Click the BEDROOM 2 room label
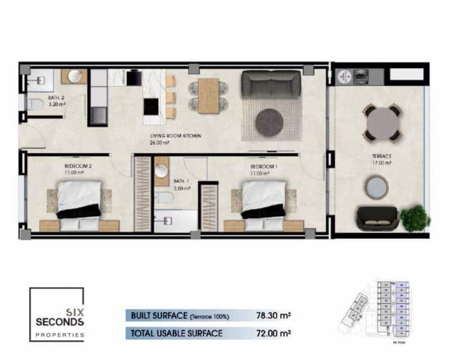point(78,166)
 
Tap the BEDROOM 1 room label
point(264,166)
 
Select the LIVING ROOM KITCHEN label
point(175,136)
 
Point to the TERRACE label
point(382,156)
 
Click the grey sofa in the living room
point(271,84)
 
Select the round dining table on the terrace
point(381,121)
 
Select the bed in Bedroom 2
point(79,204)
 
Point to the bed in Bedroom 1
point(263,204)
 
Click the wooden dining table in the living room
point(209,94)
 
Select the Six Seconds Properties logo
point(57,314)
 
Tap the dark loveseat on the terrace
point(377,218)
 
